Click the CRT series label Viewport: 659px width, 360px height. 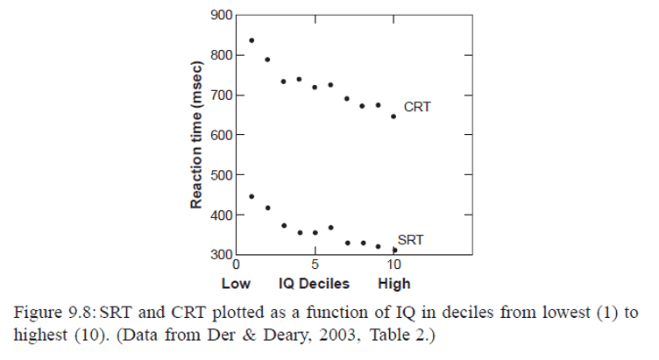point(417,108)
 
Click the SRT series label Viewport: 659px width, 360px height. point(409,239)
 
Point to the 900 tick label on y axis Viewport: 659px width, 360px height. point(222,16)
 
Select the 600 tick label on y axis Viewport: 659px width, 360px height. point(222,135)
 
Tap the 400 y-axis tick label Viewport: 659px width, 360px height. point(222,215)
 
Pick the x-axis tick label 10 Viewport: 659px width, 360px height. point(394,265)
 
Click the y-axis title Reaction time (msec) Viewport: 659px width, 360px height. point(197,135)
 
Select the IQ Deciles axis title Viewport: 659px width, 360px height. point(314,284)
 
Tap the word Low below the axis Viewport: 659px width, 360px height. point(236,284)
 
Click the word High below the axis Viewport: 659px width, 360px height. point(394,284)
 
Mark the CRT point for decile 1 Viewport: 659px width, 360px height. point(252,40)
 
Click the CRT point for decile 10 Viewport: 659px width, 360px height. point(393,116)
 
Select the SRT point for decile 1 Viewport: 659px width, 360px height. point(252,196)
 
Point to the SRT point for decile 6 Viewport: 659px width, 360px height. point(330,228)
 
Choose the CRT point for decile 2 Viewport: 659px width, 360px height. point(267,60)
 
